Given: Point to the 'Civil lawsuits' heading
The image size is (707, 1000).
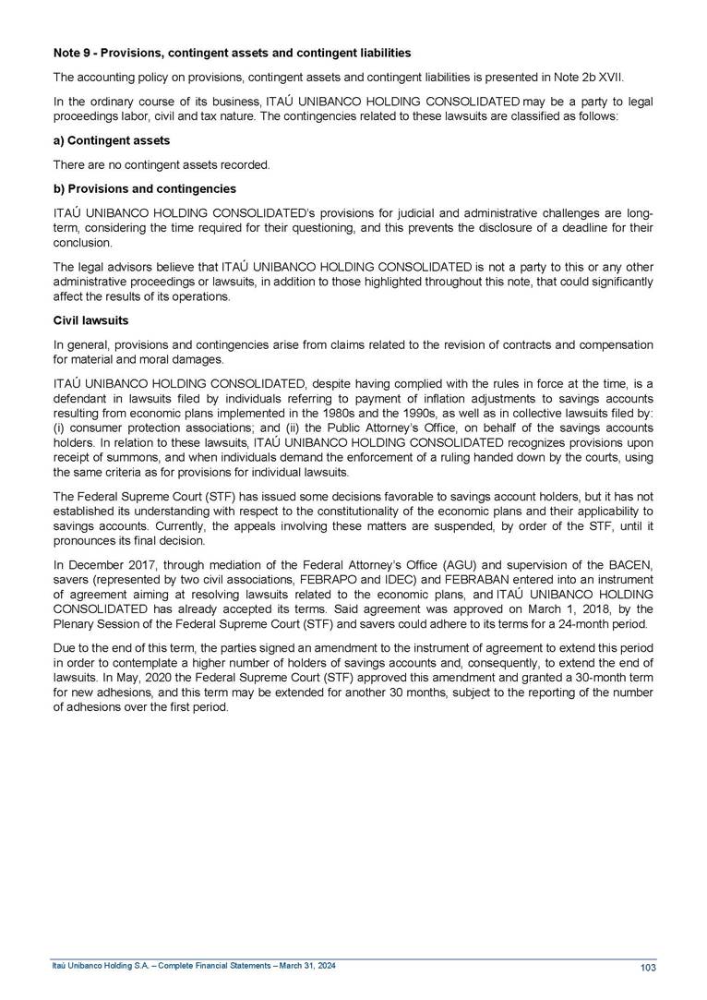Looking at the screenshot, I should [x=90, y=321].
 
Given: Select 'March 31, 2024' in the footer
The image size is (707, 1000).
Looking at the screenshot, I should [x=306, y=965].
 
